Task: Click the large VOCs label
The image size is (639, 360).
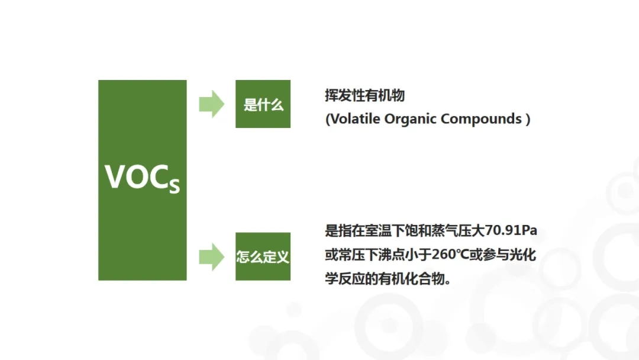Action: [x=142, y=178]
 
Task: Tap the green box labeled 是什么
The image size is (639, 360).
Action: [x=263, y=104]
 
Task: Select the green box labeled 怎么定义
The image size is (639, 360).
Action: [x=263, y=256]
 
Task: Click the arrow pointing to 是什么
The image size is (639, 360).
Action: [x=211, y=104]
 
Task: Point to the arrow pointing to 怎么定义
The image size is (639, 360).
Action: [x=211, y=257]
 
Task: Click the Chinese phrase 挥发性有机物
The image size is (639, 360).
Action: [x=364, y=95]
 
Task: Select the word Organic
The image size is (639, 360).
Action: [x=411, y=119]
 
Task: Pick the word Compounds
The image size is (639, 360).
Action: [x=481, y=119]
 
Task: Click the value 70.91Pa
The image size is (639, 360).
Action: [x=511, y=230]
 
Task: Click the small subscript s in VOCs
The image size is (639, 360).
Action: [x=175, y=186]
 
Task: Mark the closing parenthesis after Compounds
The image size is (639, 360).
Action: [x=528, y=119]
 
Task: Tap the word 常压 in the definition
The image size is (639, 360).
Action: [x=351, y=255]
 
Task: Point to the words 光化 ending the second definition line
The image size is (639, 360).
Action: [x=523, y=255]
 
